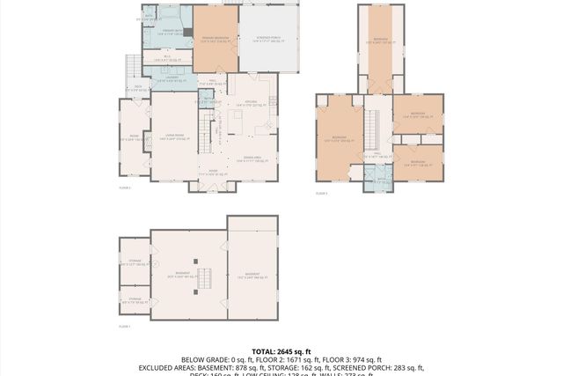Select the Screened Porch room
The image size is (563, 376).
click(268, 40)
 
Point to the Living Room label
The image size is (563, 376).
click(172, 136)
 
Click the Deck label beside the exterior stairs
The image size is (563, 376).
click(138, 87)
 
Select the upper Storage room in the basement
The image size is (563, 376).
click(135, 263)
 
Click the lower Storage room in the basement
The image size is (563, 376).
click(135, 300)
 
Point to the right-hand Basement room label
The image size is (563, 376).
click(252, 275)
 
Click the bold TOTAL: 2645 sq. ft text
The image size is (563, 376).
click(281, 350)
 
